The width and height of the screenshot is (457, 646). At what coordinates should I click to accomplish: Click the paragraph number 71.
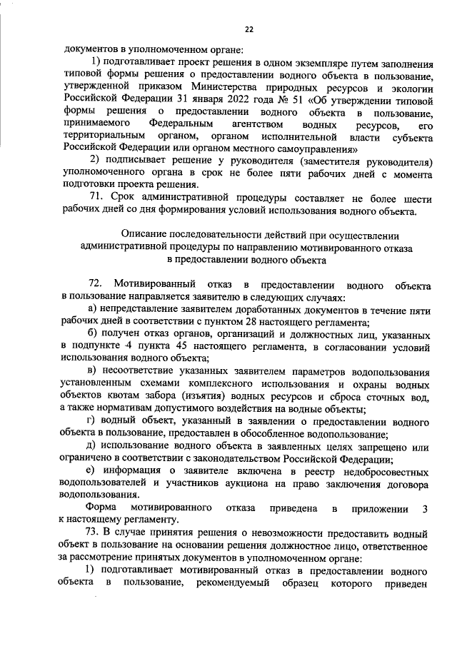point(94,198)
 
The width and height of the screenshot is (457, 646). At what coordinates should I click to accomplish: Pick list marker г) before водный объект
point(91,421)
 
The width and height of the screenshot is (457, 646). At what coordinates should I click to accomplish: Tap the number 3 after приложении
point(426,508)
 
